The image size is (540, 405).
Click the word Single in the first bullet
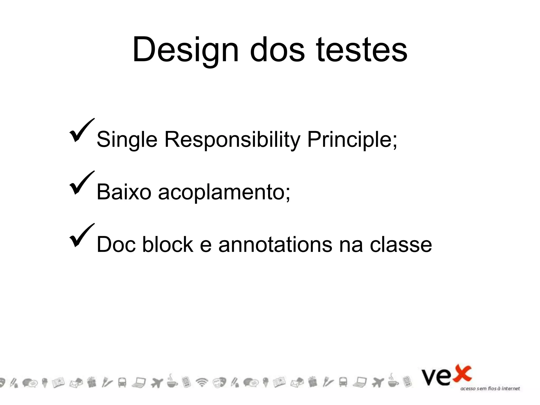coord(127,140)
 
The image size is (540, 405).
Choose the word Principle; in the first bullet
coord(352,140)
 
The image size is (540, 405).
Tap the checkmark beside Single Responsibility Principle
coord(82,131)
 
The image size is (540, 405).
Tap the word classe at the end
coord(401,244)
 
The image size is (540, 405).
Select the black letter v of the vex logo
coord(430,378)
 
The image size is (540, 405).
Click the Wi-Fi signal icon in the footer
coord(202,382)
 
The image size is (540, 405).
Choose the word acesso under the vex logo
coord(468,389)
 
